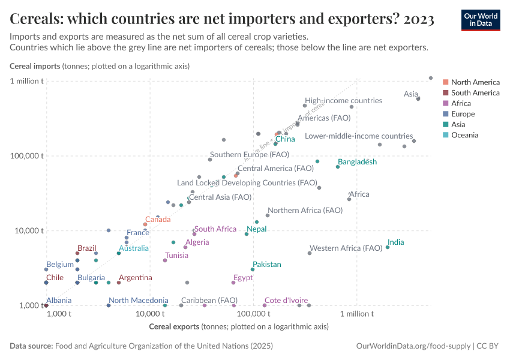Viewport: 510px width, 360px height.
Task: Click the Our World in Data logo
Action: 480,20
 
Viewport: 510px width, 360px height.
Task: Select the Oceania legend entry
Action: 464,135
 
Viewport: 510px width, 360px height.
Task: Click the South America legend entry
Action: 475,92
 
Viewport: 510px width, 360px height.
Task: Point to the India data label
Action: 395,242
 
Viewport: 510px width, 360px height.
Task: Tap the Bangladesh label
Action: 357,162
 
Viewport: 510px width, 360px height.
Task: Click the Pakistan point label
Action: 266,264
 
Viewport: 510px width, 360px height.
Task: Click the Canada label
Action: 158,220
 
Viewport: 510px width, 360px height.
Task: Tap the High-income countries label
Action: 343,101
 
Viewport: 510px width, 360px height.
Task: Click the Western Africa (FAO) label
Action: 346,248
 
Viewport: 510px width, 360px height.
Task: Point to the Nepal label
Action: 256,229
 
